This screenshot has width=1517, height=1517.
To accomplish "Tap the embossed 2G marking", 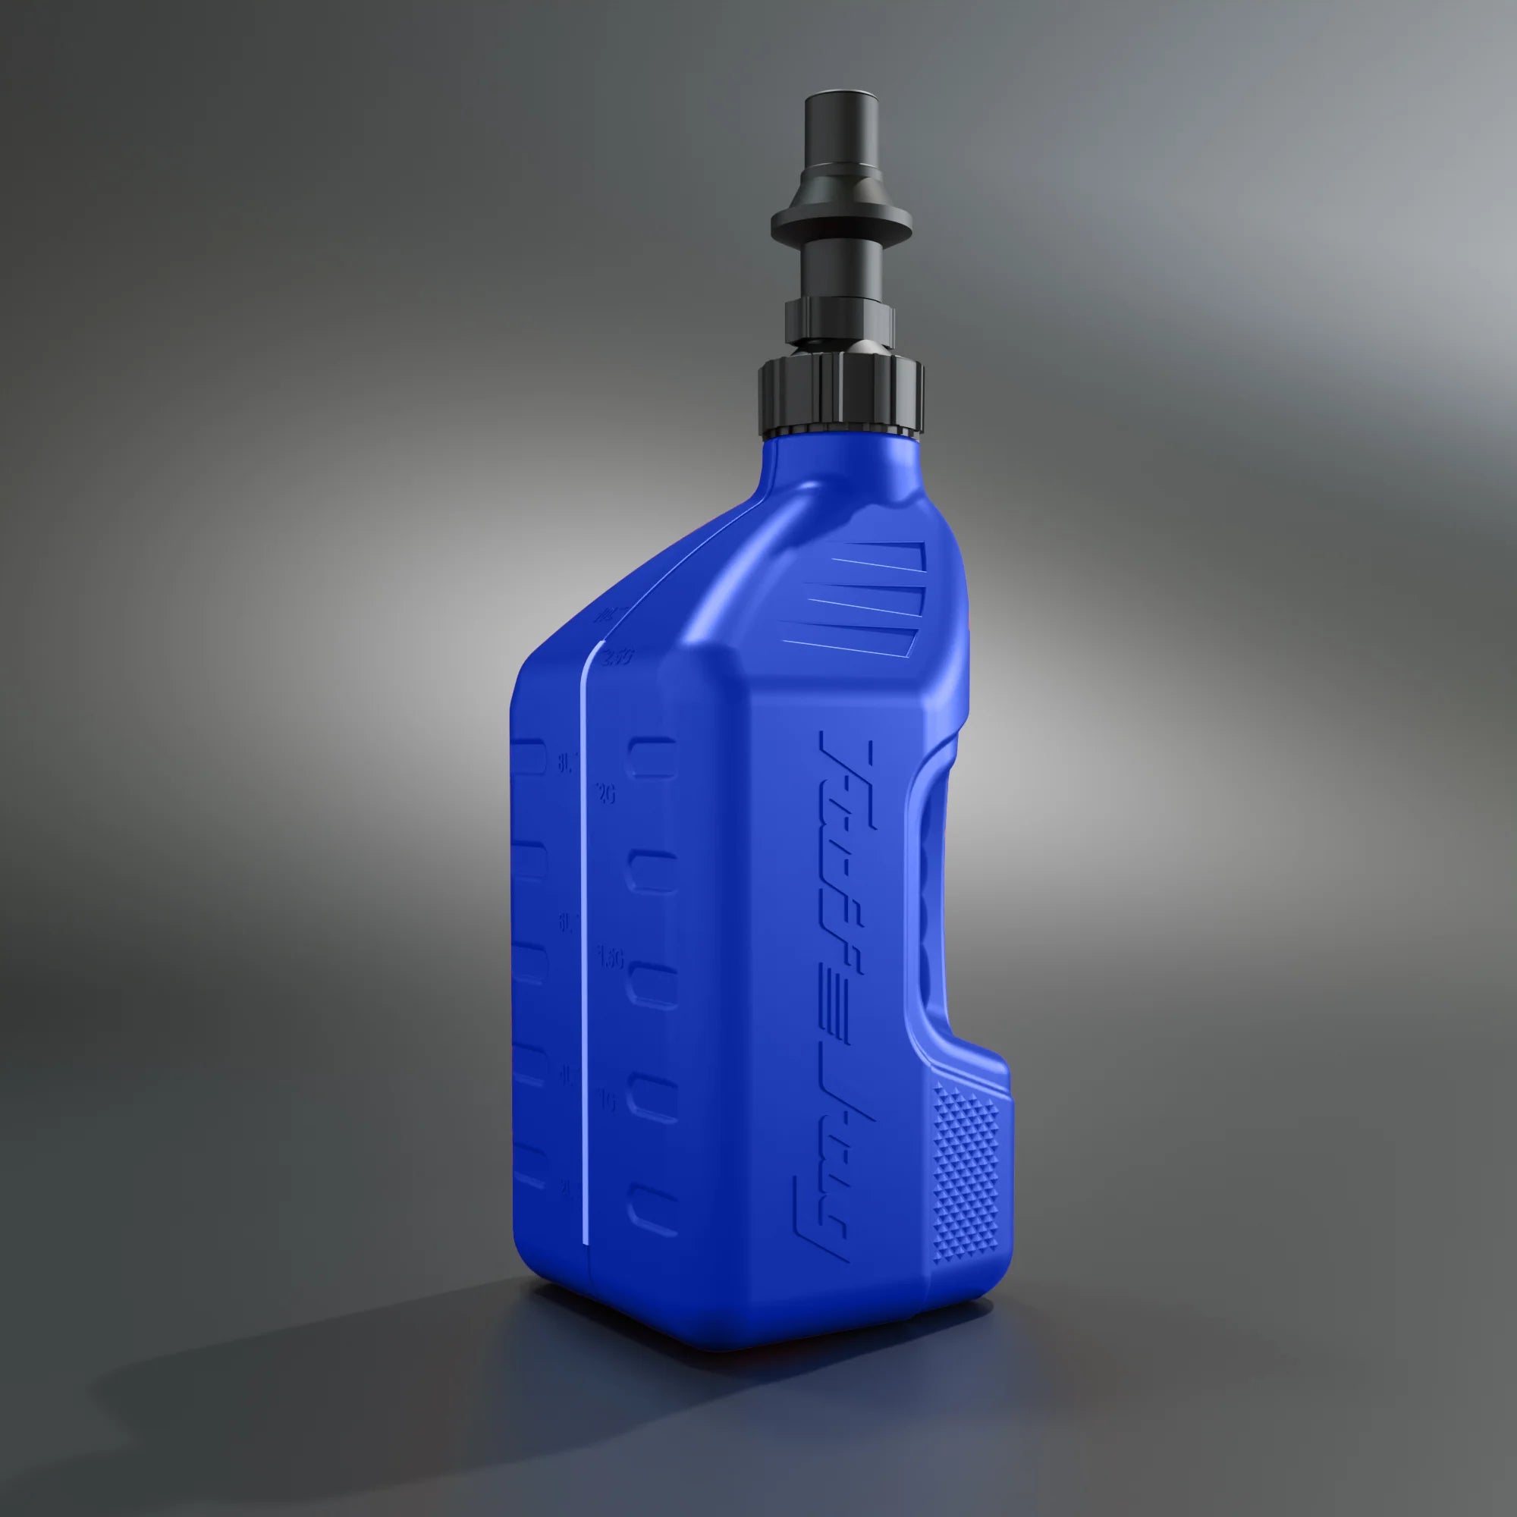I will [605, 794].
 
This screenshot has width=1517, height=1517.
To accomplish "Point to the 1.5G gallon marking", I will [610, 959].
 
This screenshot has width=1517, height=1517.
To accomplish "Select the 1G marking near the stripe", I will [606, 1101].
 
